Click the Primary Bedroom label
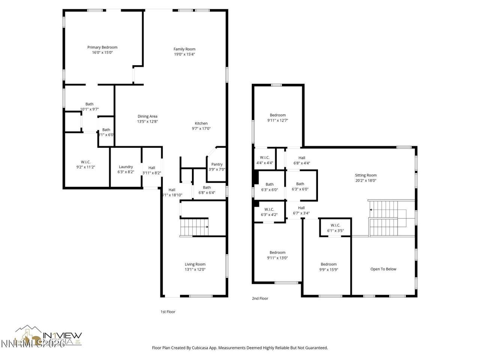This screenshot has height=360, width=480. [x=102, y=47]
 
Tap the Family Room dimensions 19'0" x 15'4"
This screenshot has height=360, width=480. [x=184, y=54]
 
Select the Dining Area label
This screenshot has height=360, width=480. [x=147, y=116]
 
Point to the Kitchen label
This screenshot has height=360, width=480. [x=201, y=123]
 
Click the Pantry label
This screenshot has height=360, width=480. [x=217, y=164]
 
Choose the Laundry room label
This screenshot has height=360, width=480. [x=126, y=167]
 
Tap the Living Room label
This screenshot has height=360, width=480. [x=195, y=264]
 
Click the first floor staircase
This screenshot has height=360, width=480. [x=194, y=227]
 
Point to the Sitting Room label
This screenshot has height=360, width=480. [x=366, y=175]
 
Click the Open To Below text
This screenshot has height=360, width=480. [x=383, y=269]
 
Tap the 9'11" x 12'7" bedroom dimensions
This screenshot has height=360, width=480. [x=277, y=120]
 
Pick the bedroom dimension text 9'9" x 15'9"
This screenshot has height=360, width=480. [x=328, y=269]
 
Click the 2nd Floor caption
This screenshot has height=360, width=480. [x=260, y=298]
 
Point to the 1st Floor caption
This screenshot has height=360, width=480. [x=168, y=312]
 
